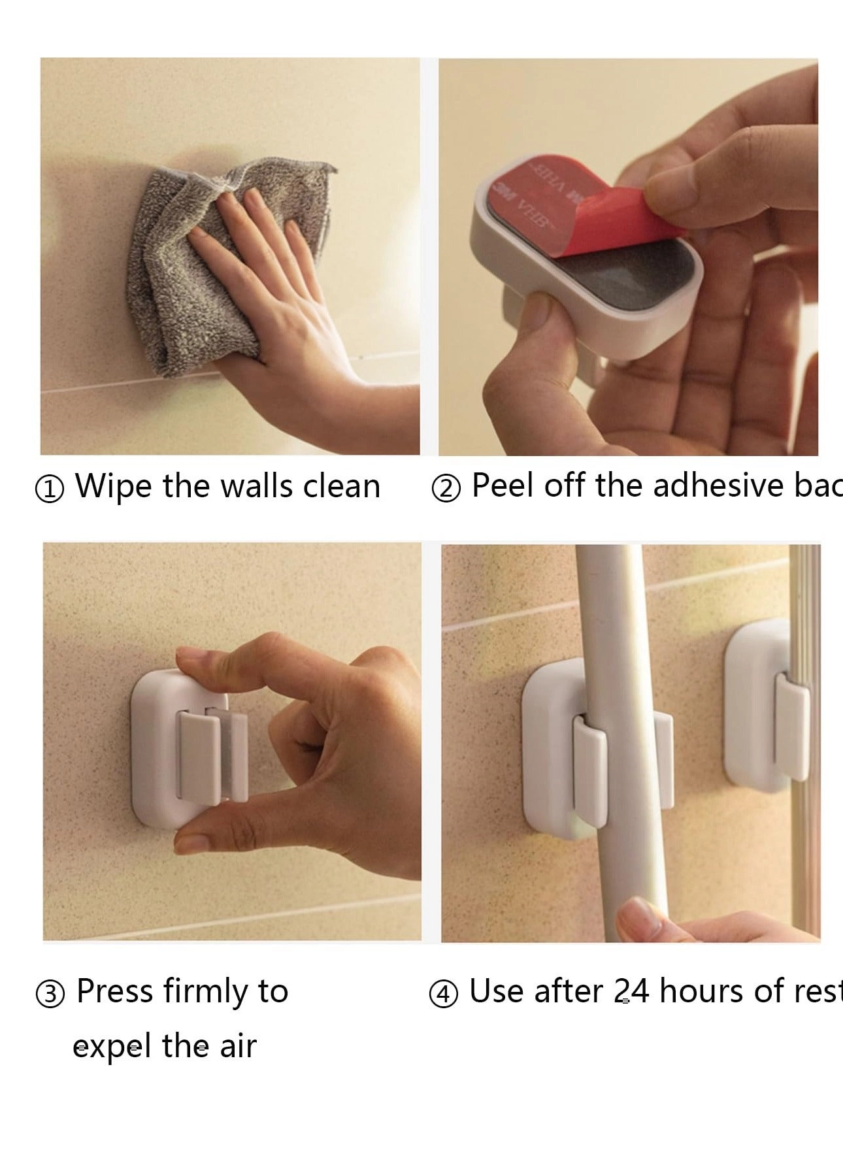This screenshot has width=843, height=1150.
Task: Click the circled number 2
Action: (x=446, y=489)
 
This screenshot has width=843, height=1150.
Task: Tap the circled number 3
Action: (x=50, y=994)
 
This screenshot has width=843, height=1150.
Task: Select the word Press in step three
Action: (x=114, y=991)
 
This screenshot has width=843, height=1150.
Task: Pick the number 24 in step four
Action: (x=631, y=991)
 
